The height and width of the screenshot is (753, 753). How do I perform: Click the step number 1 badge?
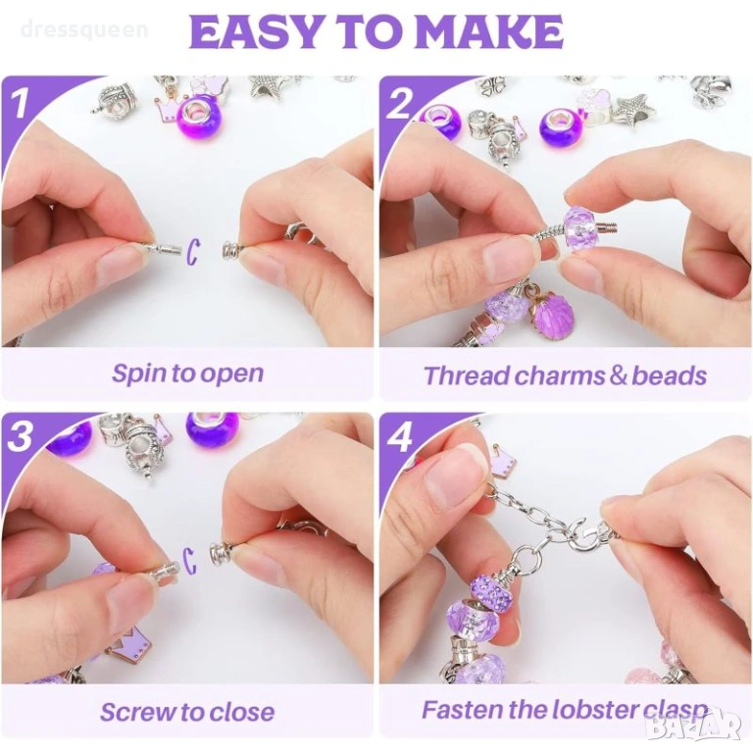pyautogui.click(x=20, y=102)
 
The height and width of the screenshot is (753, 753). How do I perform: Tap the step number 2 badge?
pyautogui.click(x=398, y=103)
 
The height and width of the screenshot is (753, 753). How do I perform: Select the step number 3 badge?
pyautogui.click(x=20, y=437)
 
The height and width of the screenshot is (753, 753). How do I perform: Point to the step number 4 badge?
pyautogui.click(x=400, y=437)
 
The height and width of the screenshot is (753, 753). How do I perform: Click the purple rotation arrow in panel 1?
pyautogui.click(x=192, y=251)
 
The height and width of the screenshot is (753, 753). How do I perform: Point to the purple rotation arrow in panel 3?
pyautogui.click(x=190, y=562)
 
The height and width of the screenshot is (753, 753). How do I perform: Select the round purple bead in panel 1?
pyautogui.click(x=195, y=118)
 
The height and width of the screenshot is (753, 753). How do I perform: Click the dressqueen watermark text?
pyautogui.click(x=84, y=29)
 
